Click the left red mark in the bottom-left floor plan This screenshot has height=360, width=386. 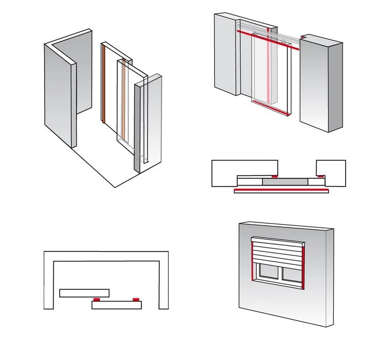(96, 300)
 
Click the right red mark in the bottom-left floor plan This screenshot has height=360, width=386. (136, 300)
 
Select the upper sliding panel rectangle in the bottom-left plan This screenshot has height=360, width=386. (84, 293)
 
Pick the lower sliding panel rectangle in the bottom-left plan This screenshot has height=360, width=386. (117, 306)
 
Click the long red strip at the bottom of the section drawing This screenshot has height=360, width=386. (281, 190)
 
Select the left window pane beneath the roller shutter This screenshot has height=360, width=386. (269, 274)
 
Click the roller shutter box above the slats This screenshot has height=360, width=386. (277, 241)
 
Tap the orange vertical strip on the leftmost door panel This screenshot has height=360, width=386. (102, 83)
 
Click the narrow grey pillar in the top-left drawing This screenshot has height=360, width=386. (138, 126)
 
